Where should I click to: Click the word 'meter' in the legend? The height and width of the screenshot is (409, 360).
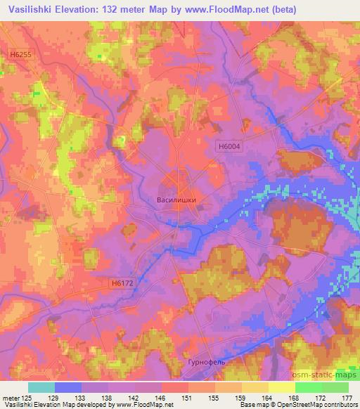point(11,398)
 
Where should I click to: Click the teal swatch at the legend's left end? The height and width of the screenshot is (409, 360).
point(41,387)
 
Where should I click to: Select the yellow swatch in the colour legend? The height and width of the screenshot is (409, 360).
point(281,387)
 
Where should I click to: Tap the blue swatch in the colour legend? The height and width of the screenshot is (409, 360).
point(68,387)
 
